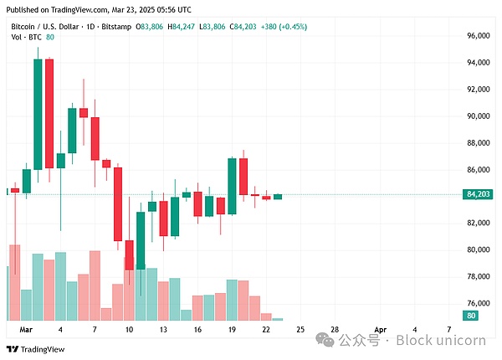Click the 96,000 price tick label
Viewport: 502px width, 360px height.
click(x=479, y=36)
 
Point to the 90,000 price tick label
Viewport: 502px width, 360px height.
click(x=479, y=116)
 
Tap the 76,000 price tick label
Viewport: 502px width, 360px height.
click(x=479, y=303)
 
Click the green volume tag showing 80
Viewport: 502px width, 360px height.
click(x=472, y=316)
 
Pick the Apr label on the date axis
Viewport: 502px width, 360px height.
click(x=381, y=330)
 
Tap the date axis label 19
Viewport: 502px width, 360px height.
click(x=232, y=330)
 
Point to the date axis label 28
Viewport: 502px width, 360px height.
click(x=334, y=330)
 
